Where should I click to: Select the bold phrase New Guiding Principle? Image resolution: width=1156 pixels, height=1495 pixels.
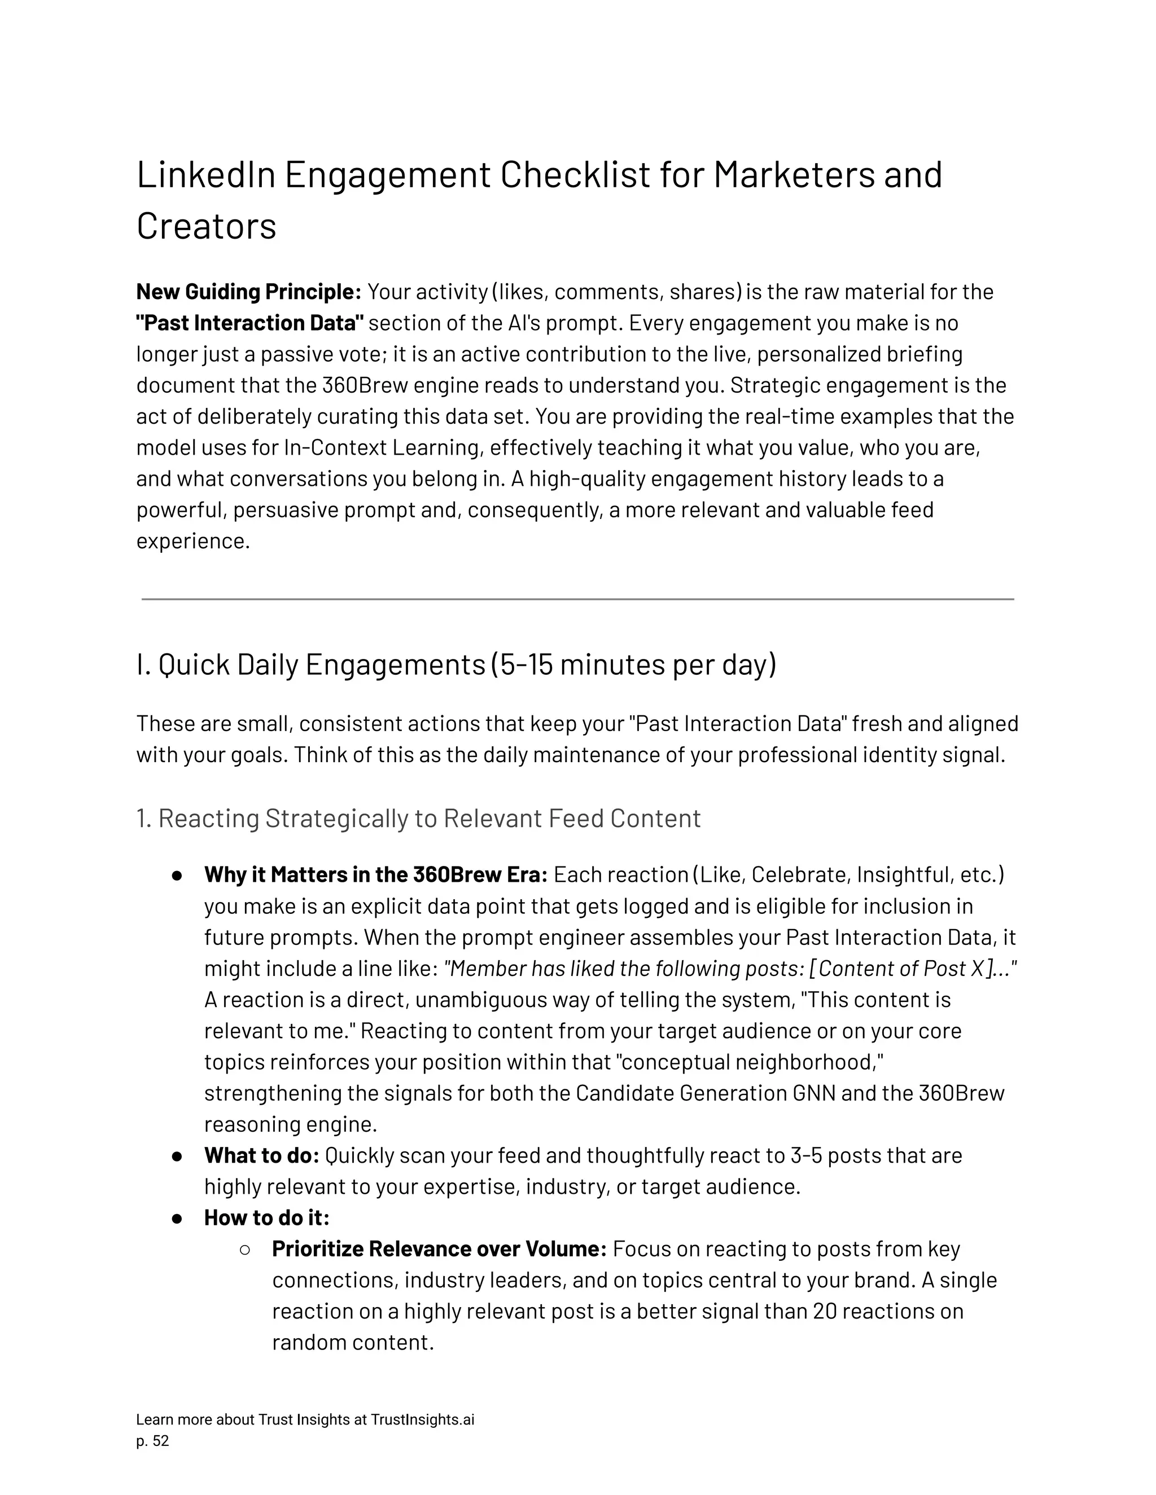[x=248, y=292]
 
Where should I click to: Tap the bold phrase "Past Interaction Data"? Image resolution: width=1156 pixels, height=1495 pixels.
[x=250, y=323]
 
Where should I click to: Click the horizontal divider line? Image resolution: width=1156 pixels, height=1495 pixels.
[x=577, y=599]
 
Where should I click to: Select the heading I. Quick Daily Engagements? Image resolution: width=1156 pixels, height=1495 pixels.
[x=310, y=665]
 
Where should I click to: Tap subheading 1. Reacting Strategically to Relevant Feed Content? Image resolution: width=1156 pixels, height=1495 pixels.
[x=418, y=819]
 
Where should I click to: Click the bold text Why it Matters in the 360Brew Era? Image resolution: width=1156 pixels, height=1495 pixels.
[x=375, y=875]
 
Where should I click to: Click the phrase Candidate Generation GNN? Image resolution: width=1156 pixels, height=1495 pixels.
[x=706, y=1093]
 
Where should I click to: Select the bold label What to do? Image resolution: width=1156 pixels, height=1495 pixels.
[x=261, y=1155]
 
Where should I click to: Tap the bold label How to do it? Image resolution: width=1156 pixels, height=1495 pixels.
[x=266, y=1218]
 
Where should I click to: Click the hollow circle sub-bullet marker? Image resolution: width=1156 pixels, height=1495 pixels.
[x=244, y=1249]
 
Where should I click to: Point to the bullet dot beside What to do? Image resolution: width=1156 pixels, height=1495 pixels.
[x=177, y=1156]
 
